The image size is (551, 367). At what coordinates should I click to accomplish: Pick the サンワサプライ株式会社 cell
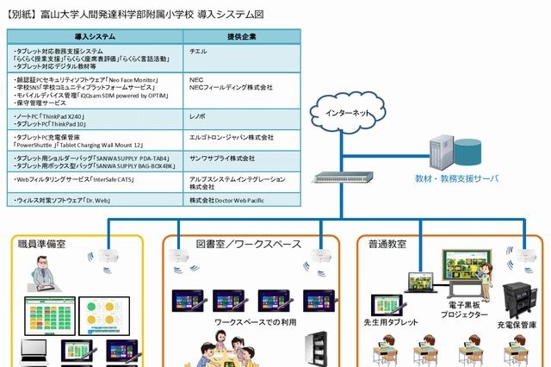point(221,159)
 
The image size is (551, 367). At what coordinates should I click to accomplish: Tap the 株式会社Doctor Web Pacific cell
point(226,200)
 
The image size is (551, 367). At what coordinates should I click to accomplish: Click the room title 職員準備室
point(42,245)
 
